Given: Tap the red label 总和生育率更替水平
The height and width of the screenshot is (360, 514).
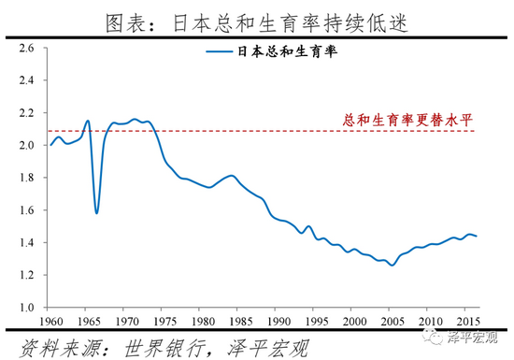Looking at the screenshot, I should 421,119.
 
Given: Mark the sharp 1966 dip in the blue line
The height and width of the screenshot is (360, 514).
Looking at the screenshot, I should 96,213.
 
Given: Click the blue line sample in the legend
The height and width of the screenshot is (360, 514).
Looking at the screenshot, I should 223,53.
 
